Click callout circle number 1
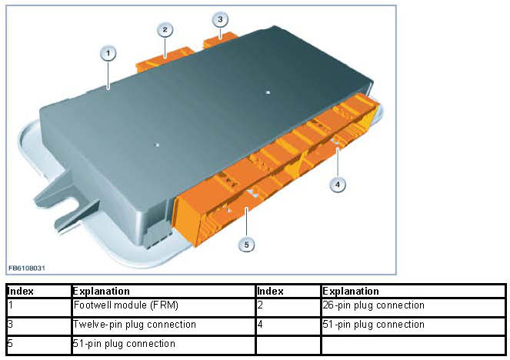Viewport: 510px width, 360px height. pyautogui.click(x=108, y=53)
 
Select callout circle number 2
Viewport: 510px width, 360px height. pyautogui.click(x=165, y=30)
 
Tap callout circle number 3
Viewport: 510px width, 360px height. pyautogui.click(x=220, y=18)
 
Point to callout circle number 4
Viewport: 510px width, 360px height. pyautogui.click(x=336, y=184)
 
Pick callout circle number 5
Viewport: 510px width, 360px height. pyautogui.click(x=246, y=244)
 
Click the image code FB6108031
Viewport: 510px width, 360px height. pyautogui.click(x=26, y=267)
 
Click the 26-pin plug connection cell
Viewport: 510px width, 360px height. pyautogui.click(x=373, y=305)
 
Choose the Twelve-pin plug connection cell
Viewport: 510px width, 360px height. pyautogui.click(x=134, y=325)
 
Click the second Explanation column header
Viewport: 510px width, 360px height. pyautogui.click(x=351, y=292)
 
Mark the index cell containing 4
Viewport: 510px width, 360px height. pyautogui.click(x=260, y=325)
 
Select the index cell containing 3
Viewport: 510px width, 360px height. pyautogui.click(x=10, y=325)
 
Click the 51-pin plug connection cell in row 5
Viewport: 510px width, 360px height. pyautogui.click(x=124, y=344)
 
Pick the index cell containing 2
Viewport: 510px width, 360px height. pyautogui.click(x=260, y=305)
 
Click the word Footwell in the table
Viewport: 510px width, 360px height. pyautogui.click(x=92, y=305)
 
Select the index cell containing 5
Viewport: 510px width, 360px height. pyautogui.click(x=10, y=344)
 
